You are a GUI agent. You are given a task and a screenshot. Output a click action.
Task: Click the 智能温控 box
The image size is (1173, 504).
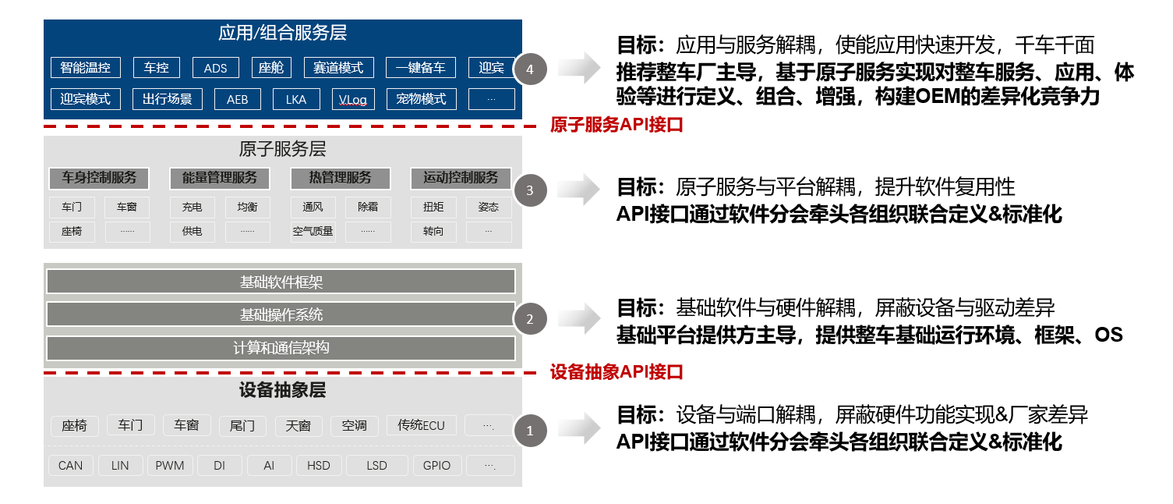click(86, 68)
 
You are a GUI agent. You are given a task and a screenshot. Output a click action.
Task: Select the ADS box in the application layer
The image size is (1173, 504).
click(215, 68)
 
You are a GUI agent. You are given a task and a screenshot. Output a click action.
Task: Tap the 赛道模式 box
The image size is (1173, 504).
click(338, 68)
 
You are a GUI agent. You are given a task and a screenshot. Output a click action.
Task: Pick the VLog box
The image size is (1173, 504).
click(353, 99)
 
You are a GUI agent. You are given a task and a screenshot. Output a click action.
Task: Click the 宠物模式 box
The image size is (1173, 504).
click(421, 99)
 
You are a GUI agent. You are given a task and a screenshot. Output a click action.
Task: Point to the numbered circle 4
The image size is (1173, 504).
click(530, 69)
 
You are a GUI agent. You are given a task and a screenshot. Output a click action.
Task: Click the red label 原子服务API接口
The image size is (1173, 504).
click(616, 125)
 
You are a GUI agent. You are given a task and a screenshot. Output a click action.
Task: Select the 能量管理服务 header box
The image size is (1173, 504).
click(220, 178)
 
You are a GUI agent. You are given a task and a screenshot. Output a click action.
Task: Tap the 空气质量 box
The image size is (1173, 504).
click(313, 231)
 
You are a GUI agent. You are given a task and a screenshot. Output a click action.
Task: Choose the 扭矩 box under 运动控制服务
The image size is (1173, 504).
click(433, 208)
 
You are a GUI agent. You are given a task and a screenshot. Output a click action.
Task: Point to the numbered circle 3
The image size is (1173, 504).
click(530, 190)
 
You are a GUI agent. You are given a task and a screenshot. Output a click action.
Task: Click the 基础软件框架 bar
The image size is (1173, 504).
click(281, 282)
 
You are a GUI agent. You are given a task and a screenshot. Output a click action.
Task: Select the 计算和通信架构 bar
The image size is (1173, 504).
click(281, 347)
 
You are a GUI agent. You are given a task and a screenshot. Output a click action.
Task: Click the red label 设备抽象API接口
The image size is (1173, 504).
click(616, 372)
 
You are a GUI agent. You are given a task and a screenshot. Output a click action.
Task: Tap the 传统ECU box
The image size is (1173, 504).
click(421, 425)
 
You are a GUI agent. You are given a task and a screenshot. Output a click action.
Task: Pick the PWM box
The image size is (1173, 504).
click(169, 466)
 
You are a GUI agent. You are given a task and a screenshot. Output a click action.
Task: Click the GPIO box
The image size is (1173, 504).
click(436, 466)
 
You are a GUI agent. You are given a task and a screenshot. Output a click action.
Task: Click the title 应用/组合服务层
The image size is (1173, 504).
click(282, 34)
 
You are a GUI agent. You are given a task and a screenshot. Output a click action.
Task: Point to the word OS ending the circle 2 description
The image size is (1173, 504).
click(1108, 335)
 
